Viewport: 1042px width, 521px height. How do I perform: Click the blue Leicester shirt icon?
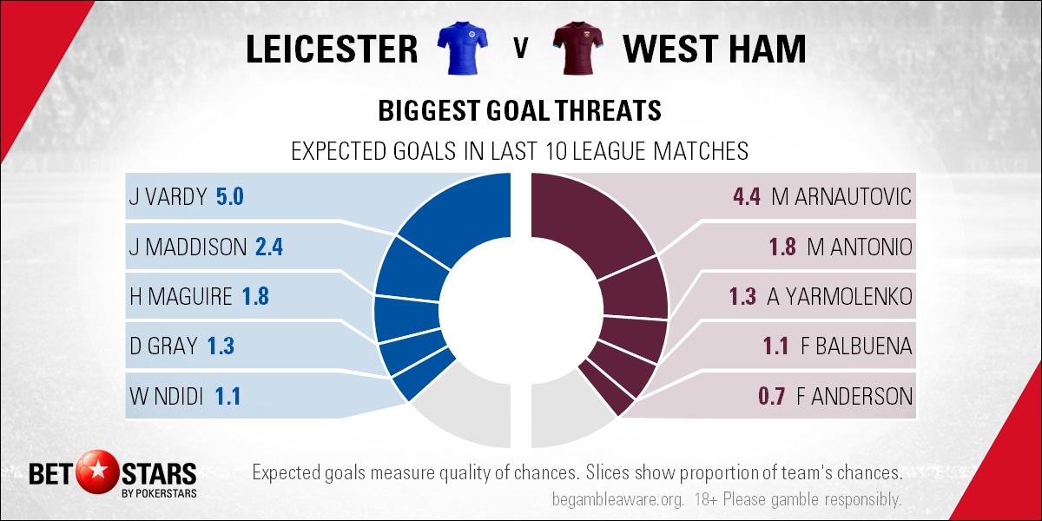click(462, 48)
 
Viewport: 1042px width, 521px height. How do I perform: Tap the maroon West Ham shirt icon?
click(577, 48)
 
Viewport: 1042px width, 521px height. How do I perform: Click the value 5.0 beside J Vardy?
click(230, 196)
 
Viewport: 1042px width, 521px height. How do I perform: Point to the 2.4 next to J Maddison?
click(269, 247)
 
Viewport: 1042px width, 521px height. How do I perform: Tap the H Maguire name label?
click(181, 297)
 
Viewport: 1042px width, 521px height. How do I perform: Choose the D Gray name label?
click(163, 346)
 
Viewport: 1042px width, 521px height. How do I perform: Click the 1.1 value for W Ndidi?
click(228, 396)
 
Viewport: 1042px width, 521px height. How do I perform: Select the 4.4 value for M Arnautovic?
click(747, 196)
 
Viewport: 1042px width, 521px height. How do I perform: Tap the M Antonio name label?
click(859, 247)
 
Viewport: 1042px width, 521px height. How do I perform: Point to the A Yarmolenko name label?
click(840, 297)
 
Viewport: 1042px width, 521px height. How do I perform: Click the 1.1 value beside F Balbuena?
click(776, 346)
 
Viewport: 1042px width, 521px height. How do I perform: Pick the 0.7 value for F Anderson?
click(772, 396)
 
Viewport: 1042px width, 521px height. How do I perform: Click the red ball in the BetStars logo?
click(97, 472)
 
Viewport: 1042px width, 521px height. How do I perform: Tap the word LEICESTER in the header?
click(332, 49)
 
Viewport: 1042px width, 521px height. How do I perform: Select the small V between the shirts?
click(520, 49)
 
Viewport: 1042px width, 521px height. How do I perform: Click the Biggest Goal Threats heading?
click(519, 111)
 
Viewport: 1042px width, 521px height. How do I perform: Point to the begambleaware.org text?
click(617, 500)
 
